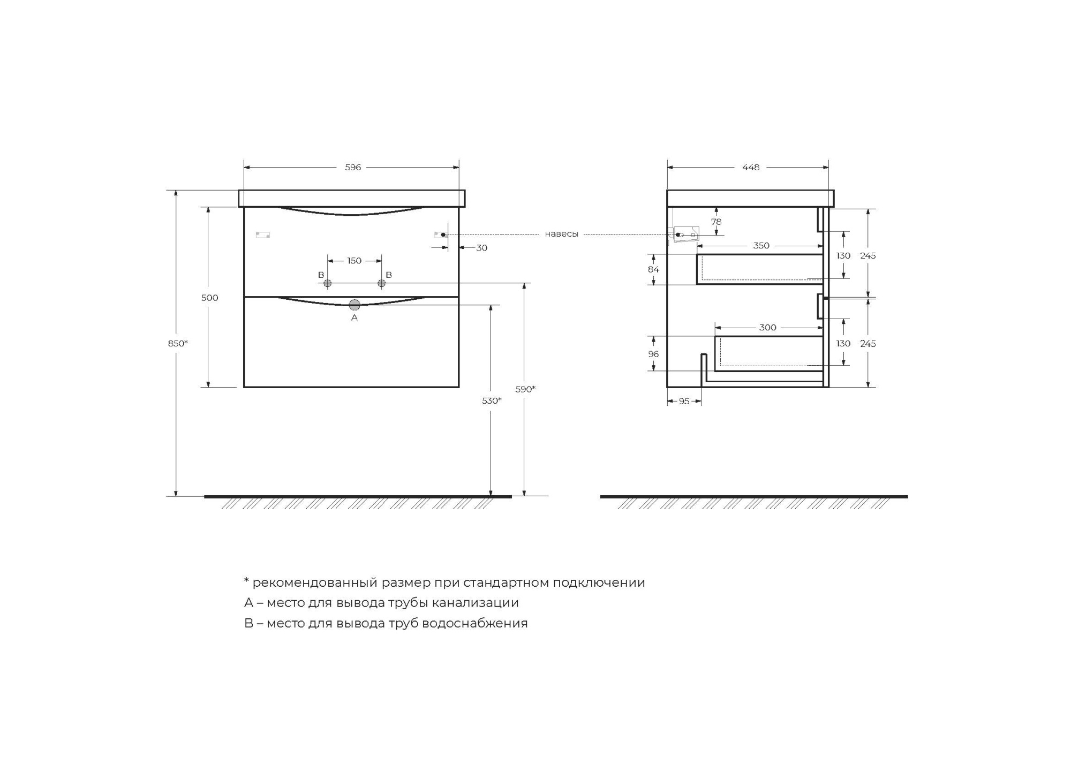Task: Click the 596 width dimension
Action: (x=353, y=168)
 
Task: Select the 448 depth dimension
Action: (x=750, y=168)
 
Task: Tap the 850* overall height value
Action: (x=178, y=343)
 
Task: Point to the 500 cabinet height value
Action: (x=209, y=298)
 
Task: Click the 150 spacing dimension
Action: (x=355, y=261)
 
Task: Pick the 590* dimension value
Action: (x=525, y=389)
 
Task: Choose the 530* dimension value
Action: (x=492, y=400)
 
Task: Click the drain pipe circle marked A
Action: (x=355, y=305)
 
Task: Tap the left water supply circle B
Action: (x=327, y=283)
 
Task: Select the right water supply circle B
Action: (x=382, y=283)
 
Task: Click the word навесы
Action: (x=561, y=234)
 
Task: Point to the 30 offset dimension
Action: (x=481, y=248)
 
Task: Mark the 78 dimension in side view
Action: (x=716, y=222)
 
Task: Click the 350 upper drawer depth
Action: (x=761, y=246)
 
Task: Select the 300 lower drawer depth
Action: (x=767, y=328)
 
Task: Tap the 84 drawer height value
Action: (x=653, y=269)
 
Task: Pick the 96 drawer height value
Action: (x=653, y=354)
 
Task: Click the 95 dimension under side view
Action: (x=684, y=402)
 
